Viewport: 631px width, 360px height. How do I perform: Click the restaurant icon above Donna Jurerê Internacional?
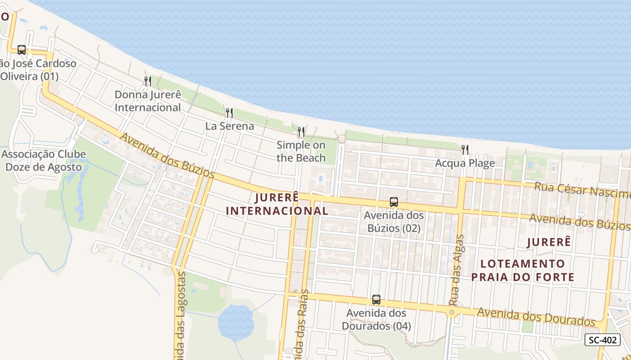coord(147,81)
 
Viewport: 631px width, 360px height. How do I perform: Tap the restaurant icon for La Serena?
coord(229,112)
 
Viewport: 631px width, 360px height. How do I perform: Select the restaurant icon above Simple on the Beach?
coord(301,131)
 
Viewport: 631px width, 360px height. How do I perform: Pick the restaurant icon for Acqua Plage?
coord(465,149)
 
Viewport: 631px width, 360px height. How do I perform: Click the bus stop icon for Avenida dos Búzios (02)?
coord(394,202)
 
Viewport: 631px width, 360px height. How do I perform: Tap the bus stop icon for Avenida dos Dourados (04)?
coord(376,299)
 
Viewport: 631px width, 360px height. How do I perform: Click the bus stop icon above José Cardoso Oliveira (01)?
coord(22,50)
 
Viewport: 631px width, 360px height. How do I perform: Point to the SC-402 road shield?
coord(602,340)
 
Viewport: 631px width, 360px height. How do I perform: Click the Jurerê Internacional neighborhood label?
coord(277,204)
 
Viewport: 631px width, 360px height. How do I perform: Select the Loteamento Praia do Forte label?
coord(523,270)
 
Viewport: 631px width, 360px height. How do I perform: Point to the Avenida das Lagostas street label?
coord(179,315)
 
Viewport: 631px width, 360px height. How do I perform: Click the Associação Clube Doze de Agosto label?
coord(44,161)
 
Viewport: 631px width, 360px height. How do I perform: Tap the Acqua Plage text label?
coord(465,163)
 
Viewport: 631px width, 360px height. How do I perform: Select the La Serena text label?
coord(230,126)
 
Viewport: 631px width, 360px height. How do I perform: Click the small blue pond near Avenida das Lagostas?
coord(236,322)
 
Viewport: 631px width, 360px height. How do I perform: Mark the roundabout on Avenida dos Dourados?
coord(452,312)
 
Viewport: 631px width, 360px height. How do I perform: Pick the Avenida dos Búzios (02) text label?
coord(394,222)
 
